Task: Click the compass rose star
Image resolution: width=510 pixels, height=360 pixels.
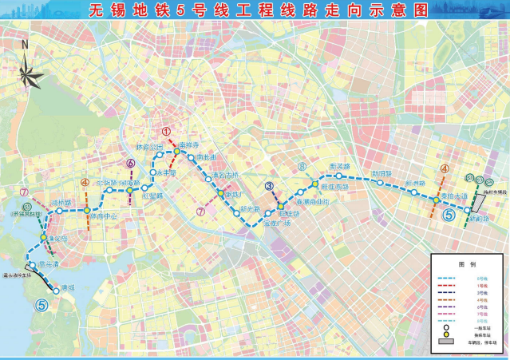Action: click(x=32, y=73)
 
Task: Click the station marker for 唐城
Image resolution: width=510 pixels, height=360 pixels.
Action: click(x=57, y=292)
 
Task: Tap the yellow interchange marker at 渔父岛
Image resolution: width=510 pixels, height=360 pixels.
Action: click(x=43, y=237)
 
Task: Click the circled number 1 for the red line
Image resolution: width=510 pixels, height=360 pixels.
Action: click(x=166, y=133)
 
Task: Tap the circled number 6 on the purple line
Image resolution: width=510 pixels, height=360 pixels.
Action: click(x=130, y=164)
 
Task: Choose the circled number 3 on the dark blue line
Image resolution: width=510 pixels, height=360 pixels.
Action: click(x=270, y=187)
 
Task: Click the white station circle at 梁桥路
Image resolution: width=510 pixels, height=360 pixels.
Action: click(x=58, y=212)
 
